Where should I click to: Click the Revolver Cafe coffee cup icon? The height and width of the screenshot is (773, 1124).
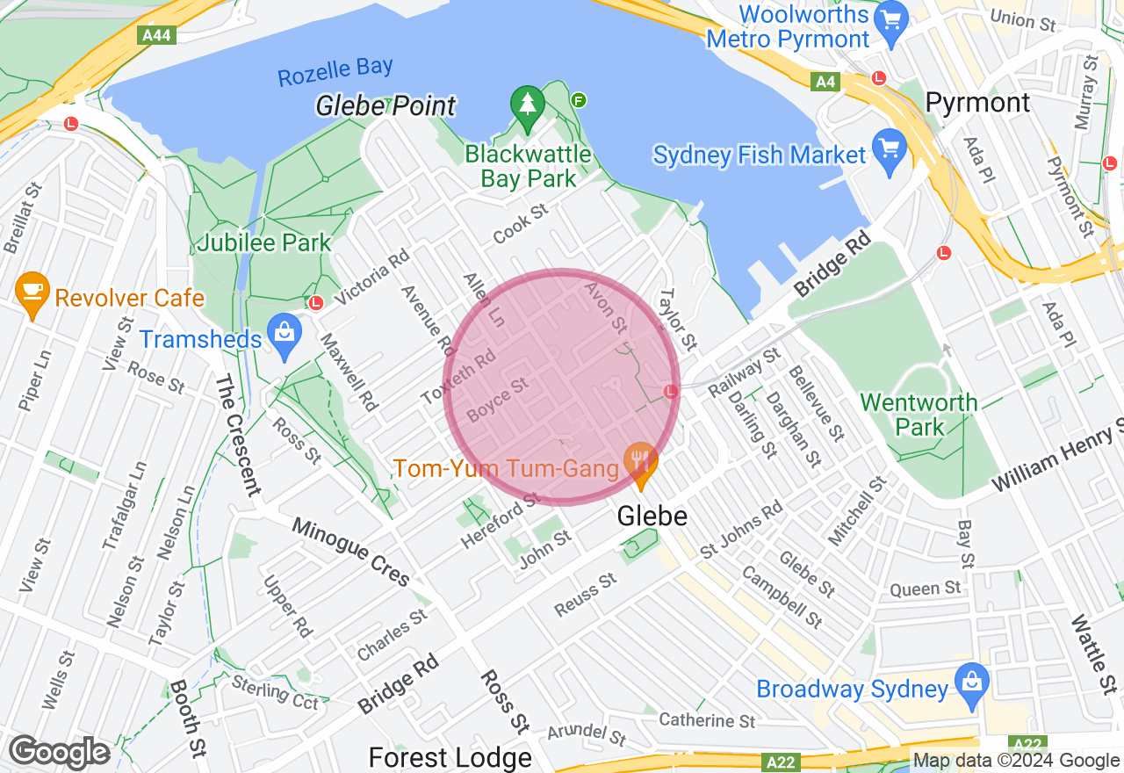[32, 293]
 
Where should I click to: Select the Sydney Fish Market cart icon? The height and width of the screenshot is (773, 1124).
[890, 153]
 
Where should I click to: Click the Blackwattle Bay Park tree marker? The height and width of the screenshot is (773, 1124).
[527, 107]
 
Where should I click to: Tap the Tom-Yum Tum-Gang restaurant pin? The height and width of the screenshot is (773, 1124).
[641, 462]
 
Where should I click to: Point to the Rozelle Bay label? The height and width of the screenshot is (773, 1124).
[335, 72]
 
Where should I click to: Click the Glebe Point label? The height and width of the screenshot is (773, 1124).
[385, 106]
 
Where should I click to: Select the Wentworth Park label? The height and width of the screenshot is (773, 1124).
[919, 415]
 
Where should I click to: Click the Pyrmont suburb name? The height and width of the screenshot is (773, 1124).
[977, 103]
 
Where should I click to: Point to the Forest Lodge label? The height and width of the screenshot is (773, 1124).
[450, 757]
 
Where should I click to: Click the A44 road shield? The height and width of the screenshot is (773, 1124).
[157, 35]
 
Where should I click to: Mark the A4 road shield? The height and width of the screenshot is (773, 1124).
[825, 82]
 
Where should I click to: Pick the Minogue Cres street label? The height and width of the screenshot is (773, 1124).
[350, 552]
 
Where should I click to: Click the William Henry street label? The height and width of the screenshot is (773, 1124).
[1057, 458]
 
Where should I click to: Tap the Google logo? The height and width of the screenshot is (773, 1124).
[59, 753]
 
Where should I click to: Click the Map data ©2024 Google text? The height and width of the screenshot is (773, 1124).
[1016, 761]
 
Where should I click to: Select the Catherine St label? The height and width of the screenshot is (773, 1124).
[707, 720]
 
